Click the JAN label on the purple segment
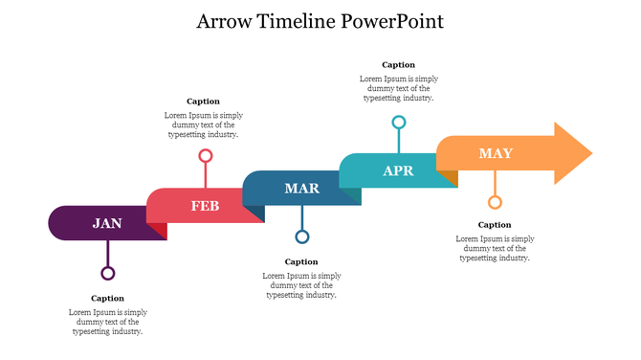(x=107, y=223)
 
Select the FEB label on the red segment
(x=205, y=206)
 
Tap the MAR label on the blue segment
(x=301, y=188)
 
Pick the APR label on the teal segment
(x=398, y=170)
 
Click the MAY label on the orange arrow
(x=496, y=153)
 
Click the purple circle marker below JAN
(x=108, y=273)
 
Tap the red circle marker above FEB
(x=205, y=155)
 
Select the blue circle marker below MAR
(x=302, y=236)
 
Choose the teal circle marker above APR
(x=399, y=122)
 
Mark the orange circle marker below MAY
(x=495, y=202)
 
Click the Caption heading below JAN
(x=108, y=299)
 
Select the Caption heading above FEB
(x=203, y=101)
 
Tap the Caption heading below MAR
(x=301, y=261)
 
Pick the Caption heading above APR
(x=398, y=65)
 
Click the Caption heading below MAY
(x=495, y=225)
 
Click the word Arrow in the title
(x=226, y=21)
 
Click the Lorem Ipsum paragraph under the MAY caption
(x=495, y=248)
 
